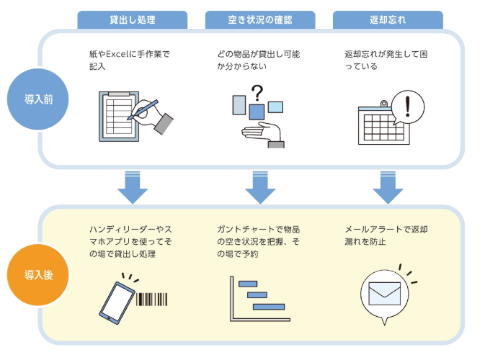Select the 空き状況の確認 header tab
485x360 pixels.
(x=260, y=19)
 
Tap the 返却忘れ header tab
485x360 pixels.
(x=388, y=19)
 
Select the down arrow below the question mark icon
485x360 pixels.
(x=260, y=187)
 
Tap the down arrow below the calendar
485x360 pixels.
(x=388, y=187)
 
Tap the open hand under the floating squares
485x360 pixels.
(x=263, y=134)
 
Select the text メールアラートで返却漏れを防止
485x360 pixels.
(x=386, y=235)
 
